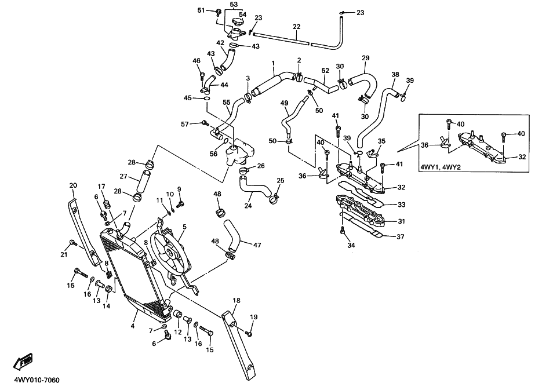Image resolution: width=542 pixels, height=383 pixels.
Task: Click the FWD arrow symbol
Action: pyautogui.click(x=23, y=361)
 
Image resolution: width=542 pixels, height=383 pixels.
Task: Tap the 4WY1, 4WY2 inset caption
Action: pyautogui.click(x=441, y=167)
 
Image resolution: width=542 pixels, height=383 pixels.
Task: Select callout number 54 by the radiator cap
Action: pyautogui.click(x=243, y=14)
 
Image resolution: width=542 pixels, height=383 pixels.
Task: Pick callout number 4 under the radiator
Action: pyautogui.click(x=132, y=326)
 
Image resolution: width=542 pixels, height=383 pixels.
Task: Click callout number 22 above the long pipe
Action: pyautogui.click(x=297, y=27)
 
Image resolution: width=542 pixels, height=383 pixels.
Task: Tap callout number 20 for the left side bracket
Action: pyautogui.click(x=73, y=185)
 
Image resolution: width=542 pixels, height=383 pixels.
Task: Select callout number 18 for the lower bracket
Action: pyautogui.click(x=237, y=301)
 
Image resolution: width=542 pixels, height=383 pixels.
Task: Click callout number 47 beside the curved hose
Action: pyautogui.click(x=257, y=245)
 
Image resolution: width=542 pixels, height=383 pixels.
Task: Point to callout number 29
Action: pyautogui.click(x=366, y=58)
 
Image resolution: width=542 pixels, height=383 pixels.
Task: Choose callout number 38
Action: pyautogui.click(x=395, y=74)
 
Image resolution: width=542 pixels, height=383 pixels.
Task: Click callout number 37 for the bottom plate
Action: pyautogui.click(x=401, y=237)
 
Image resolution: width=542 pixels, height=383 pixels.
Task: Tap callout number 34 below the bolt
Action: pyautogui.click(x=351, y=246)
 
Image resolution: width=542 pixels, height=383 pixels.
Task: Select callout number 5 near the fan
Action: pyautogui.click(x=184, y=227)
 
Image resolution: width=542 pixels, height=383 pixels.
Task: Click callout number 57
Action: pyautogui.click(x=185, y=123)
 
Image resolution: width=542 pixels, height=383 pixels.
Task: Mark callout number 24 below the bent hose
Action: pyautogui.click(x=248, y=206)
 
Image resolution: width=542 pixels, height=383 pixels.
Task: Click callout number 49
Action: pyautogui.click(x=284, y=103)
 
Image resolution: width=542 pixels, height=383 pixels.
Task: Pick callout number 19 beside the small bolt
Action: pyautogui.click(x=254, y=317)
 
